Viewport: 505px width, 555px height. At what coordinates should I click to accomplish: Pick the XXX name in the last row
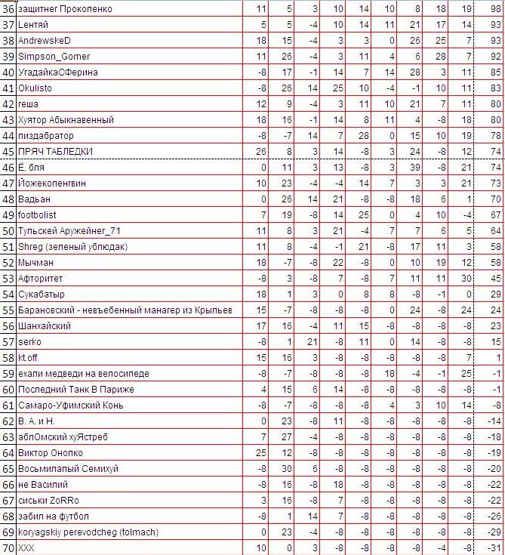(x=26, y=547)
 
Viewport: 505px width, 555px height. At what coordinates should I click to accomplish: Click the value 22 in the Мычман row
(x=338, y=262)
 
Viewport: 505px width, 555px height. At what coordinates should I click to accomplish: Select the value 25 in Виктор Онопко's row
(x=261, y=452)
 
